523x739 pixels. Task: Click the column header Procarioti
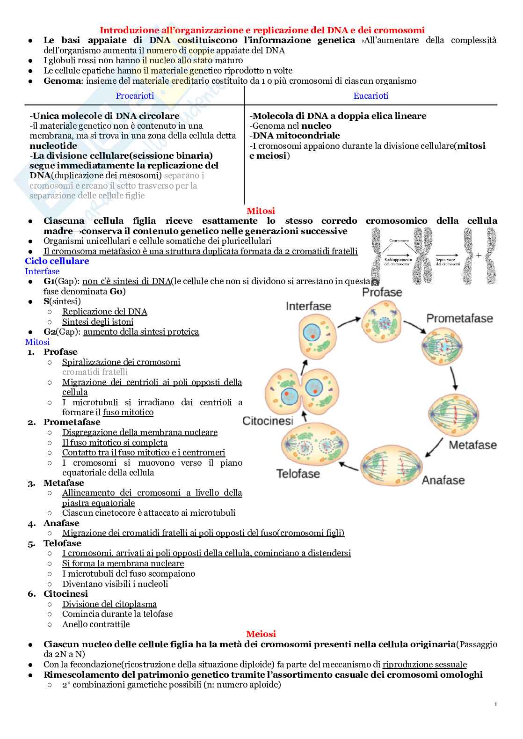pyautogui.click(x=135, y=96)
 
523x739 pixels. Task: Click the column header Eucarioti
pyautogui.click(x=370, y=96)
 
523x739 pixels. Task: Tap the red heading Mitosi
pyautogui.click(x=261, y=211)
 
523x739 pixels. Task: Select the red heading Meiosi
pyautogui.click(x=261, y=634)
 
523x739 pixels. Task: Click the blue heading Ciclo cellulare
pyautogui.click(x=57, y=261)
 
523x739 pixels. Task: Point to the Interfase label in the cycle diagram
pyautogui.click(x=308, y=307)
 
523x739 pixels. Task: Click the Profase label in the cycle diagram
pyautogui.click(x=382, y=293)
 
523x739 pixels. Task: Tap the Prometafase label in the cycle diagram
pyautogui.click(x=459, y=319)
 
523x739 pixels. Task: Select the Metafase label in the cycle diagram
pyautogui.click(x=472, y=445)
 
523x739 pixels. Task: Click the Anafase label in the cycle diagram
pyautogui.click(x=443, y=481)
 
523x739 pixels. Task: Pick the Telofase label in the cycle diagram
pyautogui.click(x=298, y=474)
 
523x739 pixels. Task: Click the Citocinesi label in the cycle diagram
pyautogui.click(x=268, y=421)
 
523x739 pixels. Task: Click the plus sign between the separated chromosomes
pyautogui.click(x=479, y=256)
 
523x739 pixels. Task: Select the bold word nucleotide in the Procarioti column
pyautogui.click(x=53, y=146)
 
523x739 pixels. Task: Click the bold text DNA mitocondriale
pyautogui.click(x=296, y=136)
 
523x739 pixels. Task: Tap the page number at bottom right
pyautogui.click(x=495, y=704)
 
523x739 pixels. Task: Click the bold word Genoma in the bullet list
pyautogui.click(x=62, y=81)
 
